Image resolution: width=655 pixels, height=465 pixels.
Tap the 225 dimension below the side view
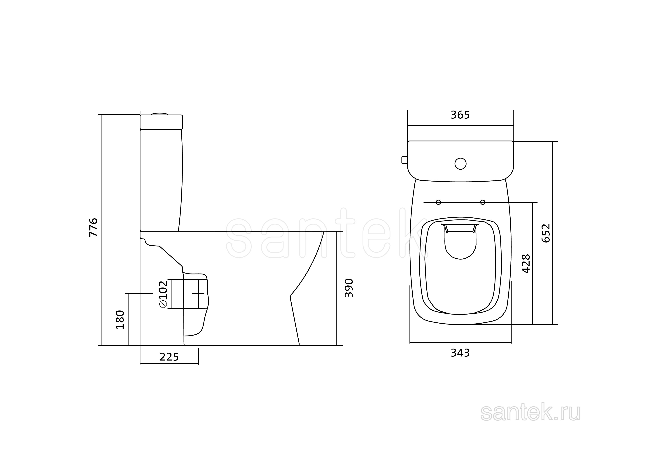pos(169,357)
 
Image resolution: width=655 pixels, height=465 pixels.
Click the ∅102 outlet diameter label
pos(163,294)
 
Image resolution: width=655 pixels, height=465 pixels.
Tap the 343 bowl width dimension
pos(460,353)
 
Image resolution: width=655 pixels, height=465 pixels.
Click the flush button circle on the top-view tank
pos(460,164)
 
